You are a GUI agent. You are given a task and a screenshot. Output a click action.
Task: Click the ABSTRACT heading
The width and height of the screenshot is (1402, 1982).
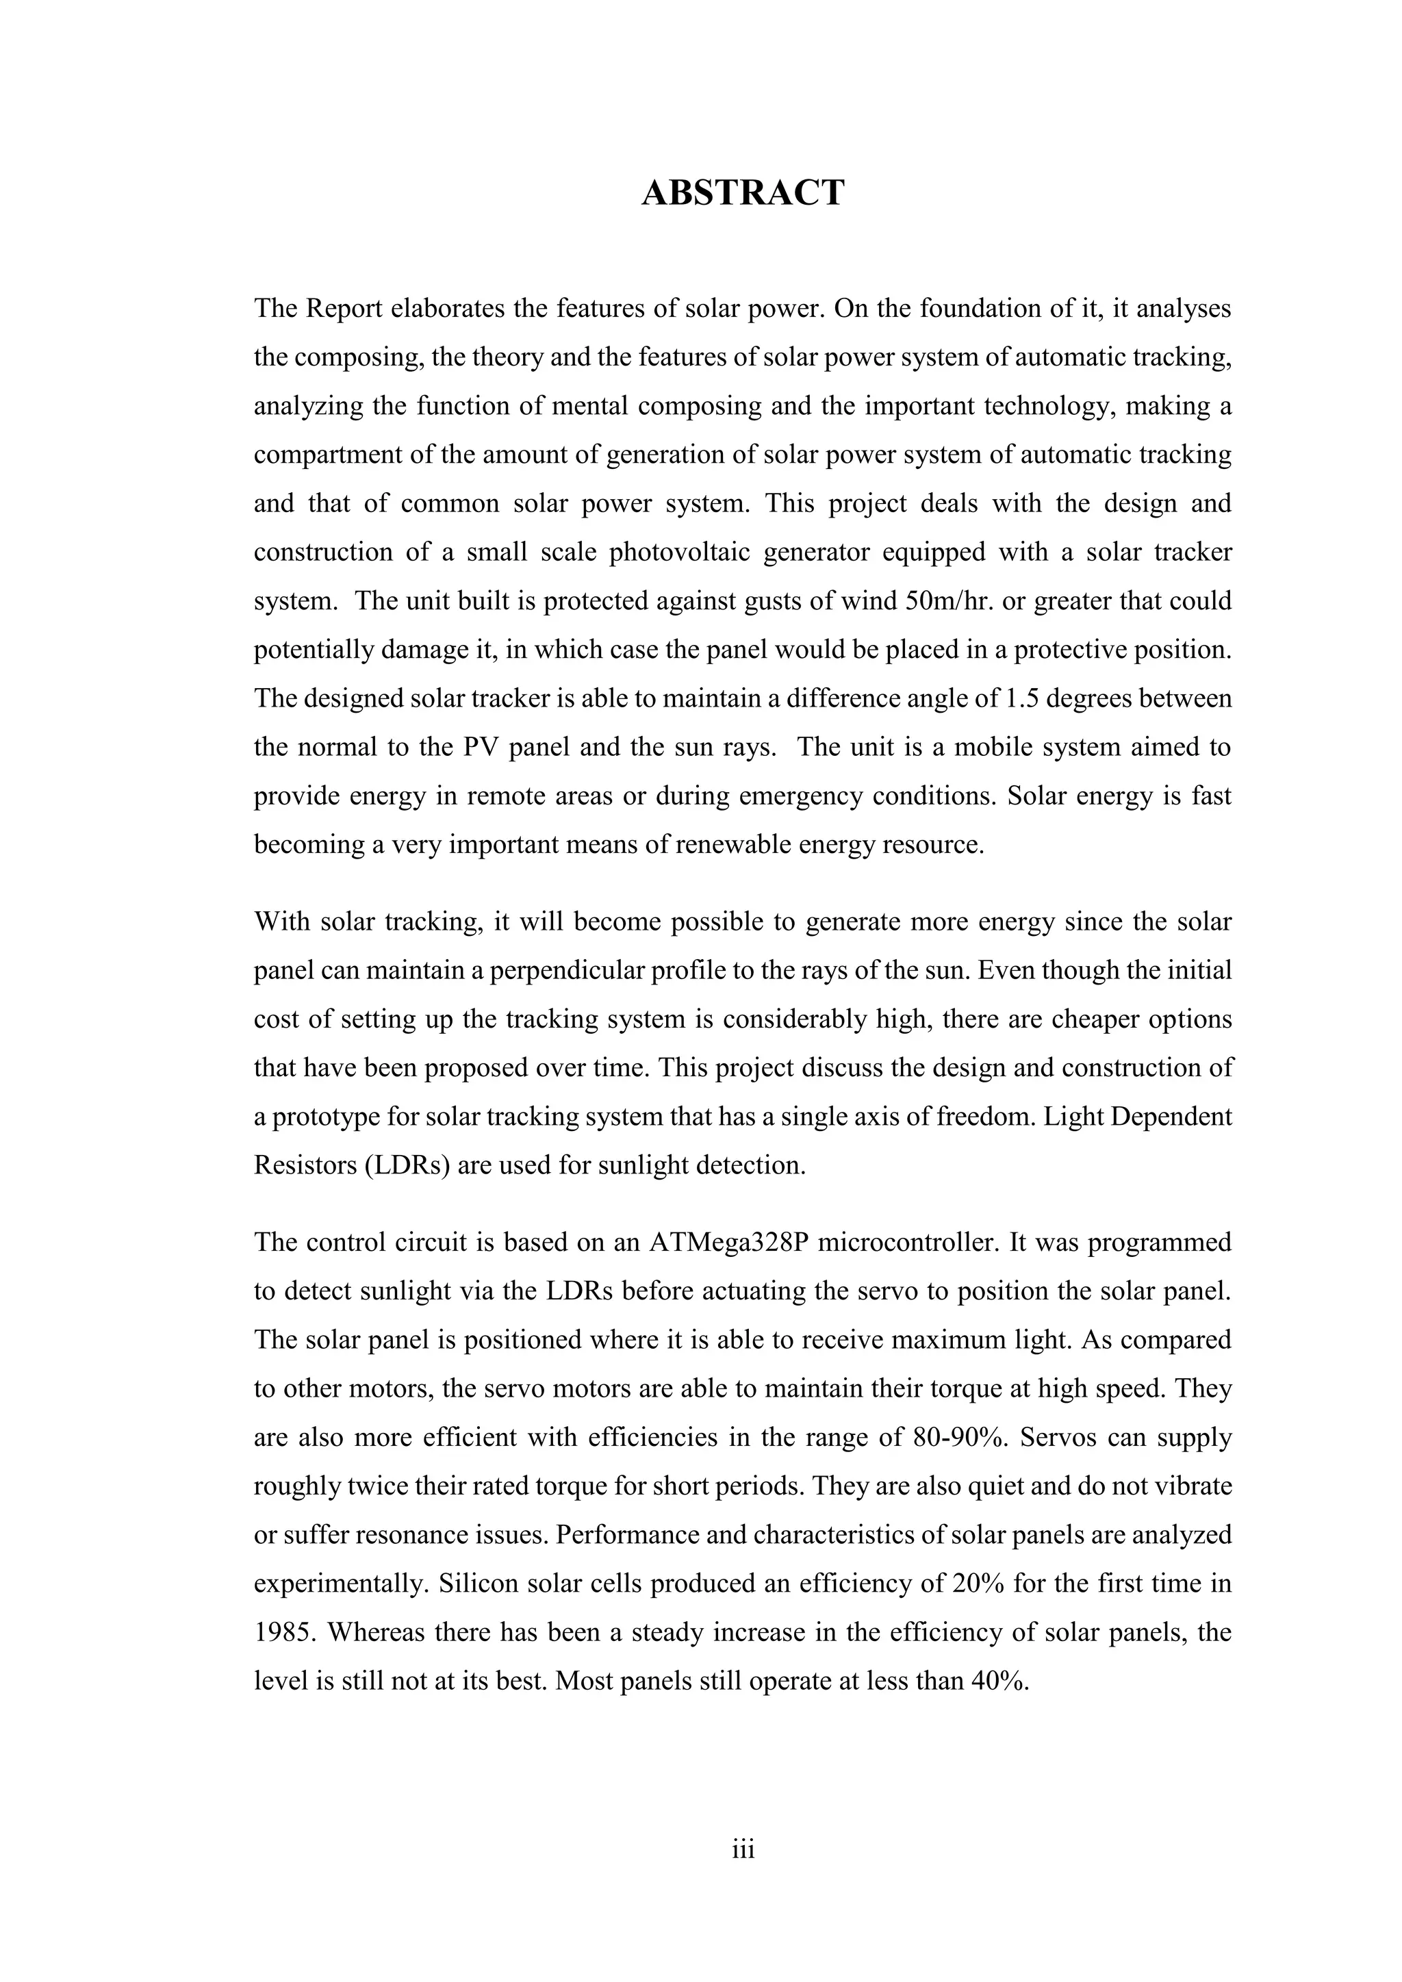(743, 192)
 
